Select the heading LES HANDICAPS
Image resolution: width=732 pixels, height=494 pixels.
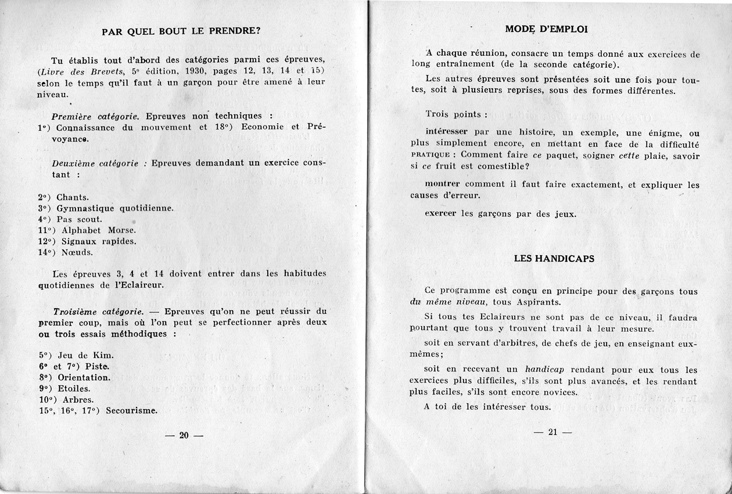pos(554,258)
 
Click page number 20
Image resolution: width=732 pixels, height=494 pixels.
pos(184,435)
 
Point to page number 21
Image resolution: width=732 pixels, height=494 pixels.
pos(552,432)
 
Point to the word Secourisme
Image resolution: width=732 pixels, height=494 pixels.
pos(132,410)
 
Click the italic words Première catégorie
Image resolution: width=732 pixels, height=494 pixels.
pos(96,116)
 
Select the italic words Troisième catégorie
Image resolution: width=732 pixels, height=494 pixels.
pos(98,311)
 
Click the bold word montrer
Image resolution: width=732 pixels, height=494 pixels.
pos(443,184)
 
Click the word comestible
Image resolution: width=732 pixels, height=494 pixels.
pos(497,166)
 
